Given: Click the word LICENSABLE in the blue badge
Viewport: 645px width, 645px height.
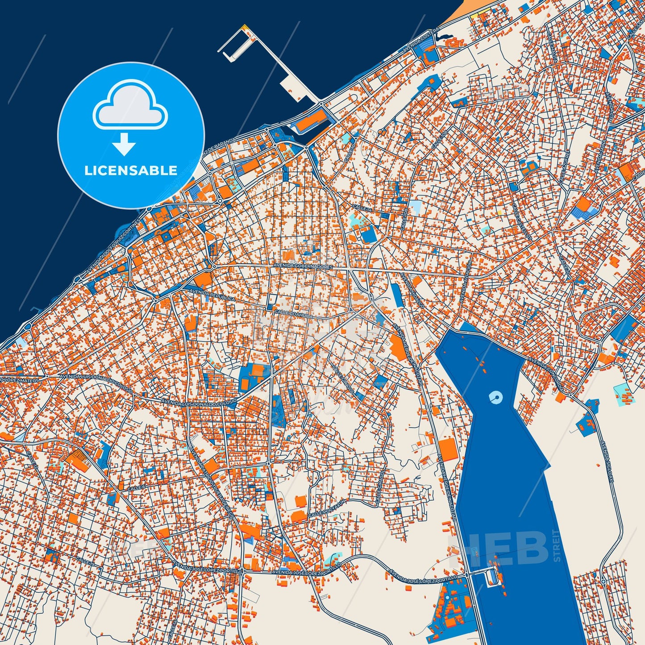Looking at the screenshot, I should coord(131,170).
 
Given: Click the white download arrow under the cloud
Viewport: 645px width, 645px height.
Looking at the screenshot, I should coord(124,146).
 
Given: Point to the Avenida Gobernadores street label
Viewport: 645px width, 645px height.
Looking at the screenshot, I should coord(303,266).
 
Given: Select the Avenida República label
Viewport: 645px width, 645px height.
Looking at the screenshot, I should coord(212,295).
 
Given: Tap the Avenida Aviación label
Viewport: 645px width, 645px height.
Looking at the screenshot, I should coord(466,283).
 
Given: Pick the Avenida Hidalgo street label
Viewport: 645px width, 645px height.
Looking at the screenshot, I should coord(412,291).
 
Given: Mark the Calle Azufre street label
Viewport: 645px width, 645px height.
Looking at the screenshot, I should coord(563,167).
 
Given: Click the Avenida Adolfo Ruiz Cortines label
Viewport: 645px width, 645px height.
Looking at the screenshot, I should coord(113,247).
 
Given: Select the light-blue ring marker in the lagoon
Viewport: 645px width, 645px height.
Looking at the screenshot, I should coord(495,396).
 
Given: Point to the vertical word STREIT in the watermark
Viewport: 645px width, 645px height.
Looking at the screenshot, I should coord(556,545).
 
